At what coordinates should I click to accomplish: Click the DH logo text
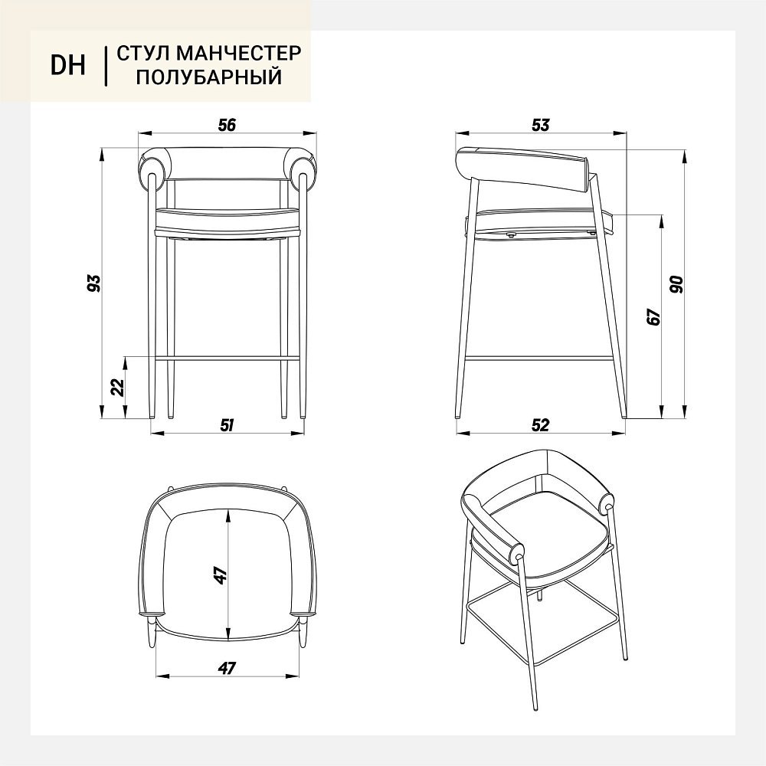click(68, 65)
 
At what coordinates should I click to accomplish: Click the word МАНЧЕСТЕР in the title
click(238, 53)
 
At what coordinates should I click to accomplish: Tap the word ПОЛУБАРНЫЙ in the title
click(209, 77)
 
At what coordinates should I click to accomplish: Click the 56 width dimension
click(228, 125)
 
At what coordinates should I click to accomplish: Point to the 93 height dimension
click(93, 283)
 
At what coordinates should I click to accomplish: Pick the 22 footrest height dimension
click(118, 387)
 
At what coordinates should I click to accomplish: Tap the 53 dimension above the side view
click(540, 125)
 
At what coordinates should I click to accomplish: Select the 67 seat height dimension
click(653, 316)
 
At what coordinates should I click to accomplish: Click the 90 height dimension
click(677, 284)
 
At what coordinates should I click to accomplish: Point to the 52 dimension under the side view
click(540, 425)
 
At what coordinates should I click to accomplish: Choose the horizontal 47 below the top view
click(228, 667)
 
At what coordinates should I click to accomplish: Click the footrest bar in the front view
click(228, 358)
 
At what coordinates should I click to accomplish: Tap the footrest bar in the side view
click(538, 358)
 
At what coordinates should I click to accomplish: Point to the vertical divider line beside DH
click(106, 66)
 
